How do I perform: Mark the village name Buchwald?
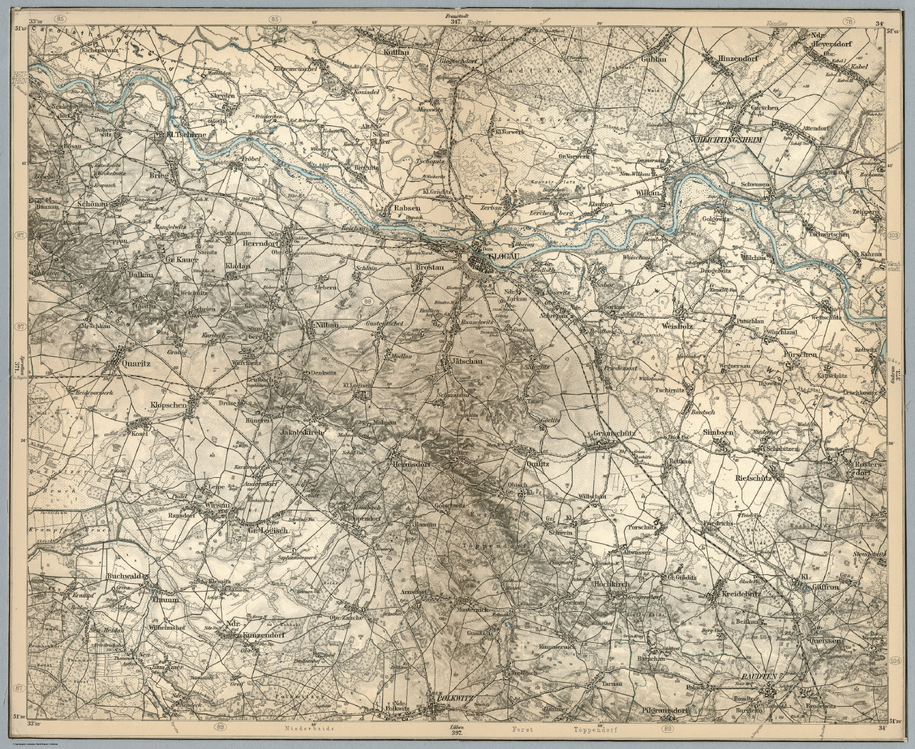[x=125, y=577]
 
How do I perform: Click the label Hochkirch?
[x=609, y=585]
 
